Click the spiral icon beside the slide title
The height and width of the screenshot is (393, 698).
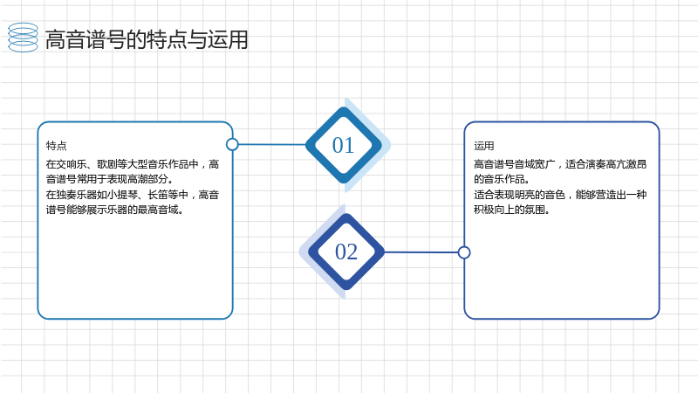coord(24,38)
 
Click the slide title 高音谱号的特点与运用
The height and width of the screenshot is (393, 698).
coord(147,39)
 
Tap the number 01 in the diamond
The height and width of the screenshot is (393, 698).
coord(343,145)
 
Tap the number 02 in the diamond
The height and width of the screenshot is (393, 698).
coord(346,252)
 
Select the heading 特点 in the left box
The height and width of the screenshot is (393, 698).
coord(56,146)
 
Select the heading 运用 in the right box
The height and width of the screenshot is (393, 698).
coord(484,146)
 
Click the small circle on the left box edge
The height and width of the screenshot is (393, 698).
coord(232,144)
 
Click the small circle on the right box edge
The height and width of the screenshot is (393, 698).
coord(464,252)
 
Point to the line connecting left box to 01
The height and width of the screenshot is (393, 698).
coord(272,144)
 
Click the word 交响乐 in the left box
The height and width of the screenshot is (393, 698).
coord(72,164)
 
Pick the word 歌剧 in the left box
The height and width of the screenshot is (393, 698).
coord(106,164)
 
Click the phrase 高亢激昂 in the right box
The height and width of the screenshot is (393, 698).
coord(626,164)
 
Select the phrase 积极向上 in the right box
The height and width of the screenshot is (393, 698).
coord(494,210)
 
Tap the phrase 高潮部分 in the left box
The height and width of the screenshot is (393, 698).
coord(147,180)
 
